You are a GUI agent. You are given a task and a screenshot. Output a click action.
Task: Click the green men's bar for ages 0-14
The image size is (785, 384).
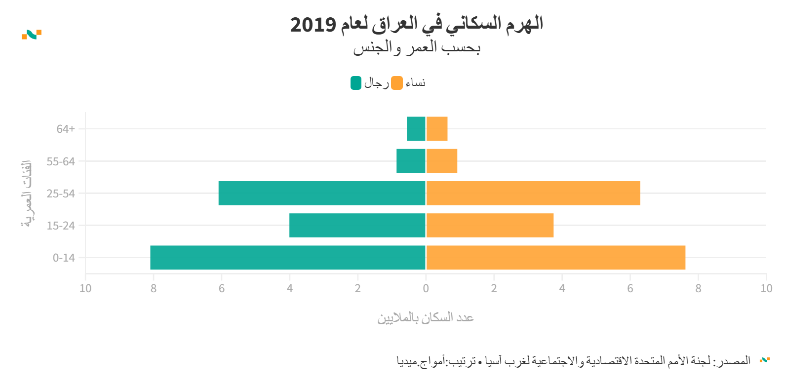pyautogui.click(x=288, y=258)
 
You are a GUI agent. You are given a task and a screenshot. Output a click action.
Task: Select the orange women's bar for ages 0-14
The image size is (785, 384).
pyautogui.click(x=555, y=258)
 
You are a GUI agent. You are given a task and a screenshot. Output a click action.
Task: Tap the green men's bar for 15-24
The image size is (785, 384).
pyautogui.click(x=357, y=226)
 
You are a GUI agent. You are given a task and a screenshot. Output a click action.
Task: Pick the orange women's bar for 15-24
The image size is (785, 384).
pyautogui.click(x=490, y=226)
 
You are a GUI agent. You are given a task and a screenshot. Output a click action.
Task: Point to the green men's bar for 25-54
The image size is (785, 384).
pyautogui.click(x=322, y=193)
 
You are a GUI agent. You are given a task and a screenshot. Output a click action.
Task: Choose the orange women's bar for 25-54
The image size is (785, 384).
pyautogui.click(x=533, y=193)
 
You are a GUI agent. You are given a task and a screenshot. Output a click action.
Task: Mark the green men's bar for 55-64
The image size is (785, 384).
pyautogui.click(x=411, y=161)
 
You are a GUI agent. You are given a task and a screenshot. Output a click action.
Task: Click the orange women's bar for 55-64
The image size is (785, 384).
pyautogui.click(x=442, y=161)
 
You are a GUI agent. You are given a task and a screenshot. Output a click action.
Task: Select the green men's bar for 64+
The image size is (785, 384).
pyautogui.click(x=416, y=129)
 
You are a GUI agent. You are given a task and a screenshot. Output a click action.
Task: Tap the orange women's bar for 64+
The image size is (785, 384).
pyautogui.click(x=437, y=129)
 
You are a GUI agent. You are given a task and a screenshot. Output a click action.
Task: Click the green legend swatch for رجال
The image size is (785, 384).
pyautogui.click(x=356, y=83)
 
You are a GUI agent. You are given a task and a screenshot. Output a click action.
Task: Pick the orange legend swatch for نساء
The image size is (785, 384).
pyautogui.click(x=397, y=83)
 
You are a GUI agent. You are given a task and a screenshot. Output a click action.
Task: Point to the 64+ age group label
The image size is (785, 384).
pyautogui.click(x=66, y=129)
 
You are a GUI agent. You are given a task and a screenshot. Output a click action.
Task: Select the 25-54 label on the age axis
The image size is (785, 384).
pyautogui.click(x=61, y=193)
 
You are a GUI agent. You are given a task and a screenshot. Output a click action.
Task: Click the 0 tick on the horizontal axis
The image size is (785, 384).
pyautogui.click(x=426, y=288)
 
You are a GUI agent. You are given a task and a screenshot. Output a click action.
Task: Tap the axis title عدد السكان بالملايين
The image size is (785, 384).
pyautogui.click(x=426, y=317)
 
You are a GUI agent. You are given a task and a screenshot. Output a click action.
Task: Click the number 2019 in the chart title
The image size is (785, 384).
pyautogui.click(x=313, y=24)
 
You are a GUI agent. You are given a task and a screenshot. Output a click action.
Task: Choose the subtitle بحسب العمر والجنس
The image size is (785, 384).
pyautogui.click(x=417, y=48)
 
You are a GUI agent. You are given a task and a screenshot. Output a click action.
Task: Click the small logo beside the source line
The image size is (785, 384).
pyautogui.click(x=765, y=360)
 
